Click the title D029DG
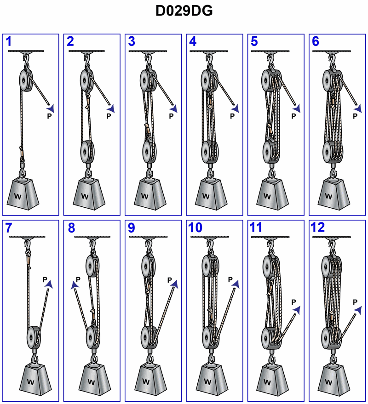[x=184, y=11]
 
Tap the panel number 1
[x=9, y=41]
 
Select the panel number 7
[x=9, y=228]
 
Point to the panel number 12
[x=318, y=228]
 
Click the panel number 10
[x=195, y=228]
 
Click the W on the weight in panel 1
[x=18, y=197]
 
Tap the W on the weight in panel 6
[x=328, y=196]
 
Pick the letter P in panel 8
[x=78, y=279]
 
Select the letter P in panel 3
[x=171, y=116]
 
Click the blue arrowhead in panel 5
[x=297, y=108]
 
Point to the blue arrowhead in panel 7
[x=49, y=284]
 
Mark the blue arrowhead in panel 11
[x=297, y=310]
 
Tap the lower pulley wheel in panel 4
[x=208, y=152]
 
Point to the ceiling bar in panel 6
[x=332, y=51]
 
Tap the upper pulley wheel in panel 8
[x=91, y=266]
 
